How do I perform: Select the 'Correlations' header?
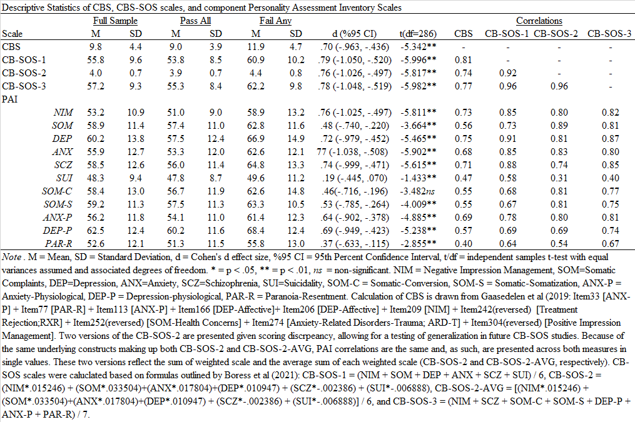tap(539, 21)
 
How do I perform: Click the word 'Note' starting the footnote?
tap(12, 257)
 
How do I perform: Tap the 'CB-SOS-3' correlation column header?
tap(609, 34)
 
